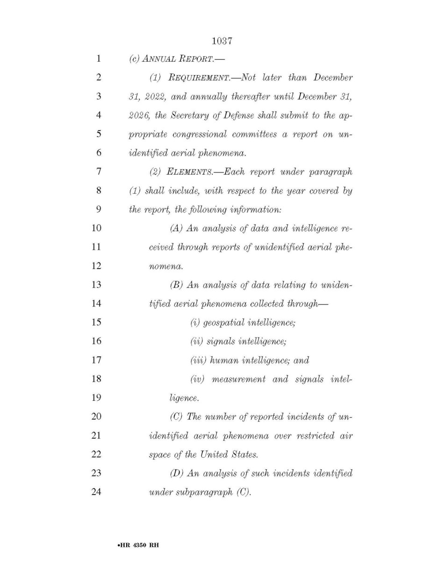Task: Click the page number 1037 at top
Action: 222,42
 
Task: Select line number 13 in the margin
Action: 96,285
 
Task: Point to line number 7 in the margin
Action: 98,172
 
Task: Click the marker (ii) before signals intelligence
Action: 196,341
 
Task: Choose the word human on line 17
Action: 225,360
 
